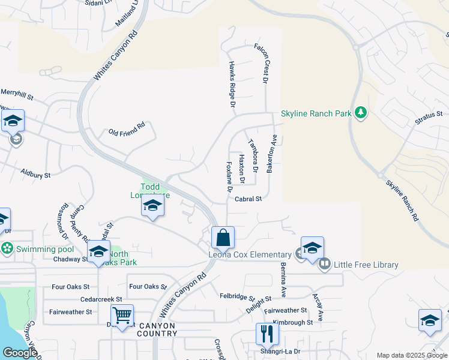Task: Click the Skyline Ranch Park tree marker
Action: coord(360,113)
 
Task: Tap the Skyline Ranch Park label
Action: coord(316,114)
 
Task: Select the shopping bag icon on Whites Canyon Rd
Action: coord(223,238)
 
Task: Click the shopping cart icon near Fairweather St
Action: coord(122,314)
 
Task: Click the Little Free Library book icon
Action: coord(325,263)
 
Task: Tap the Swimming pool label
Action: coord(37,249)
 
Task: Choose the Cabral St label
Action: coord(249,199)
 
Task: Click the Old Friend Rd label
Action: coord(127,130)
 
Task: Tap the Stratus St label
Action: coord(428,118)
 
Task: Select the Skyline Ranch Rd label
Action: coord(402,201)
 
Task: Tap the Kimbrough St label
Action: coord(292,322)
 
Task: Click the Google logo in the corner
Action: coord(20,353)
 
